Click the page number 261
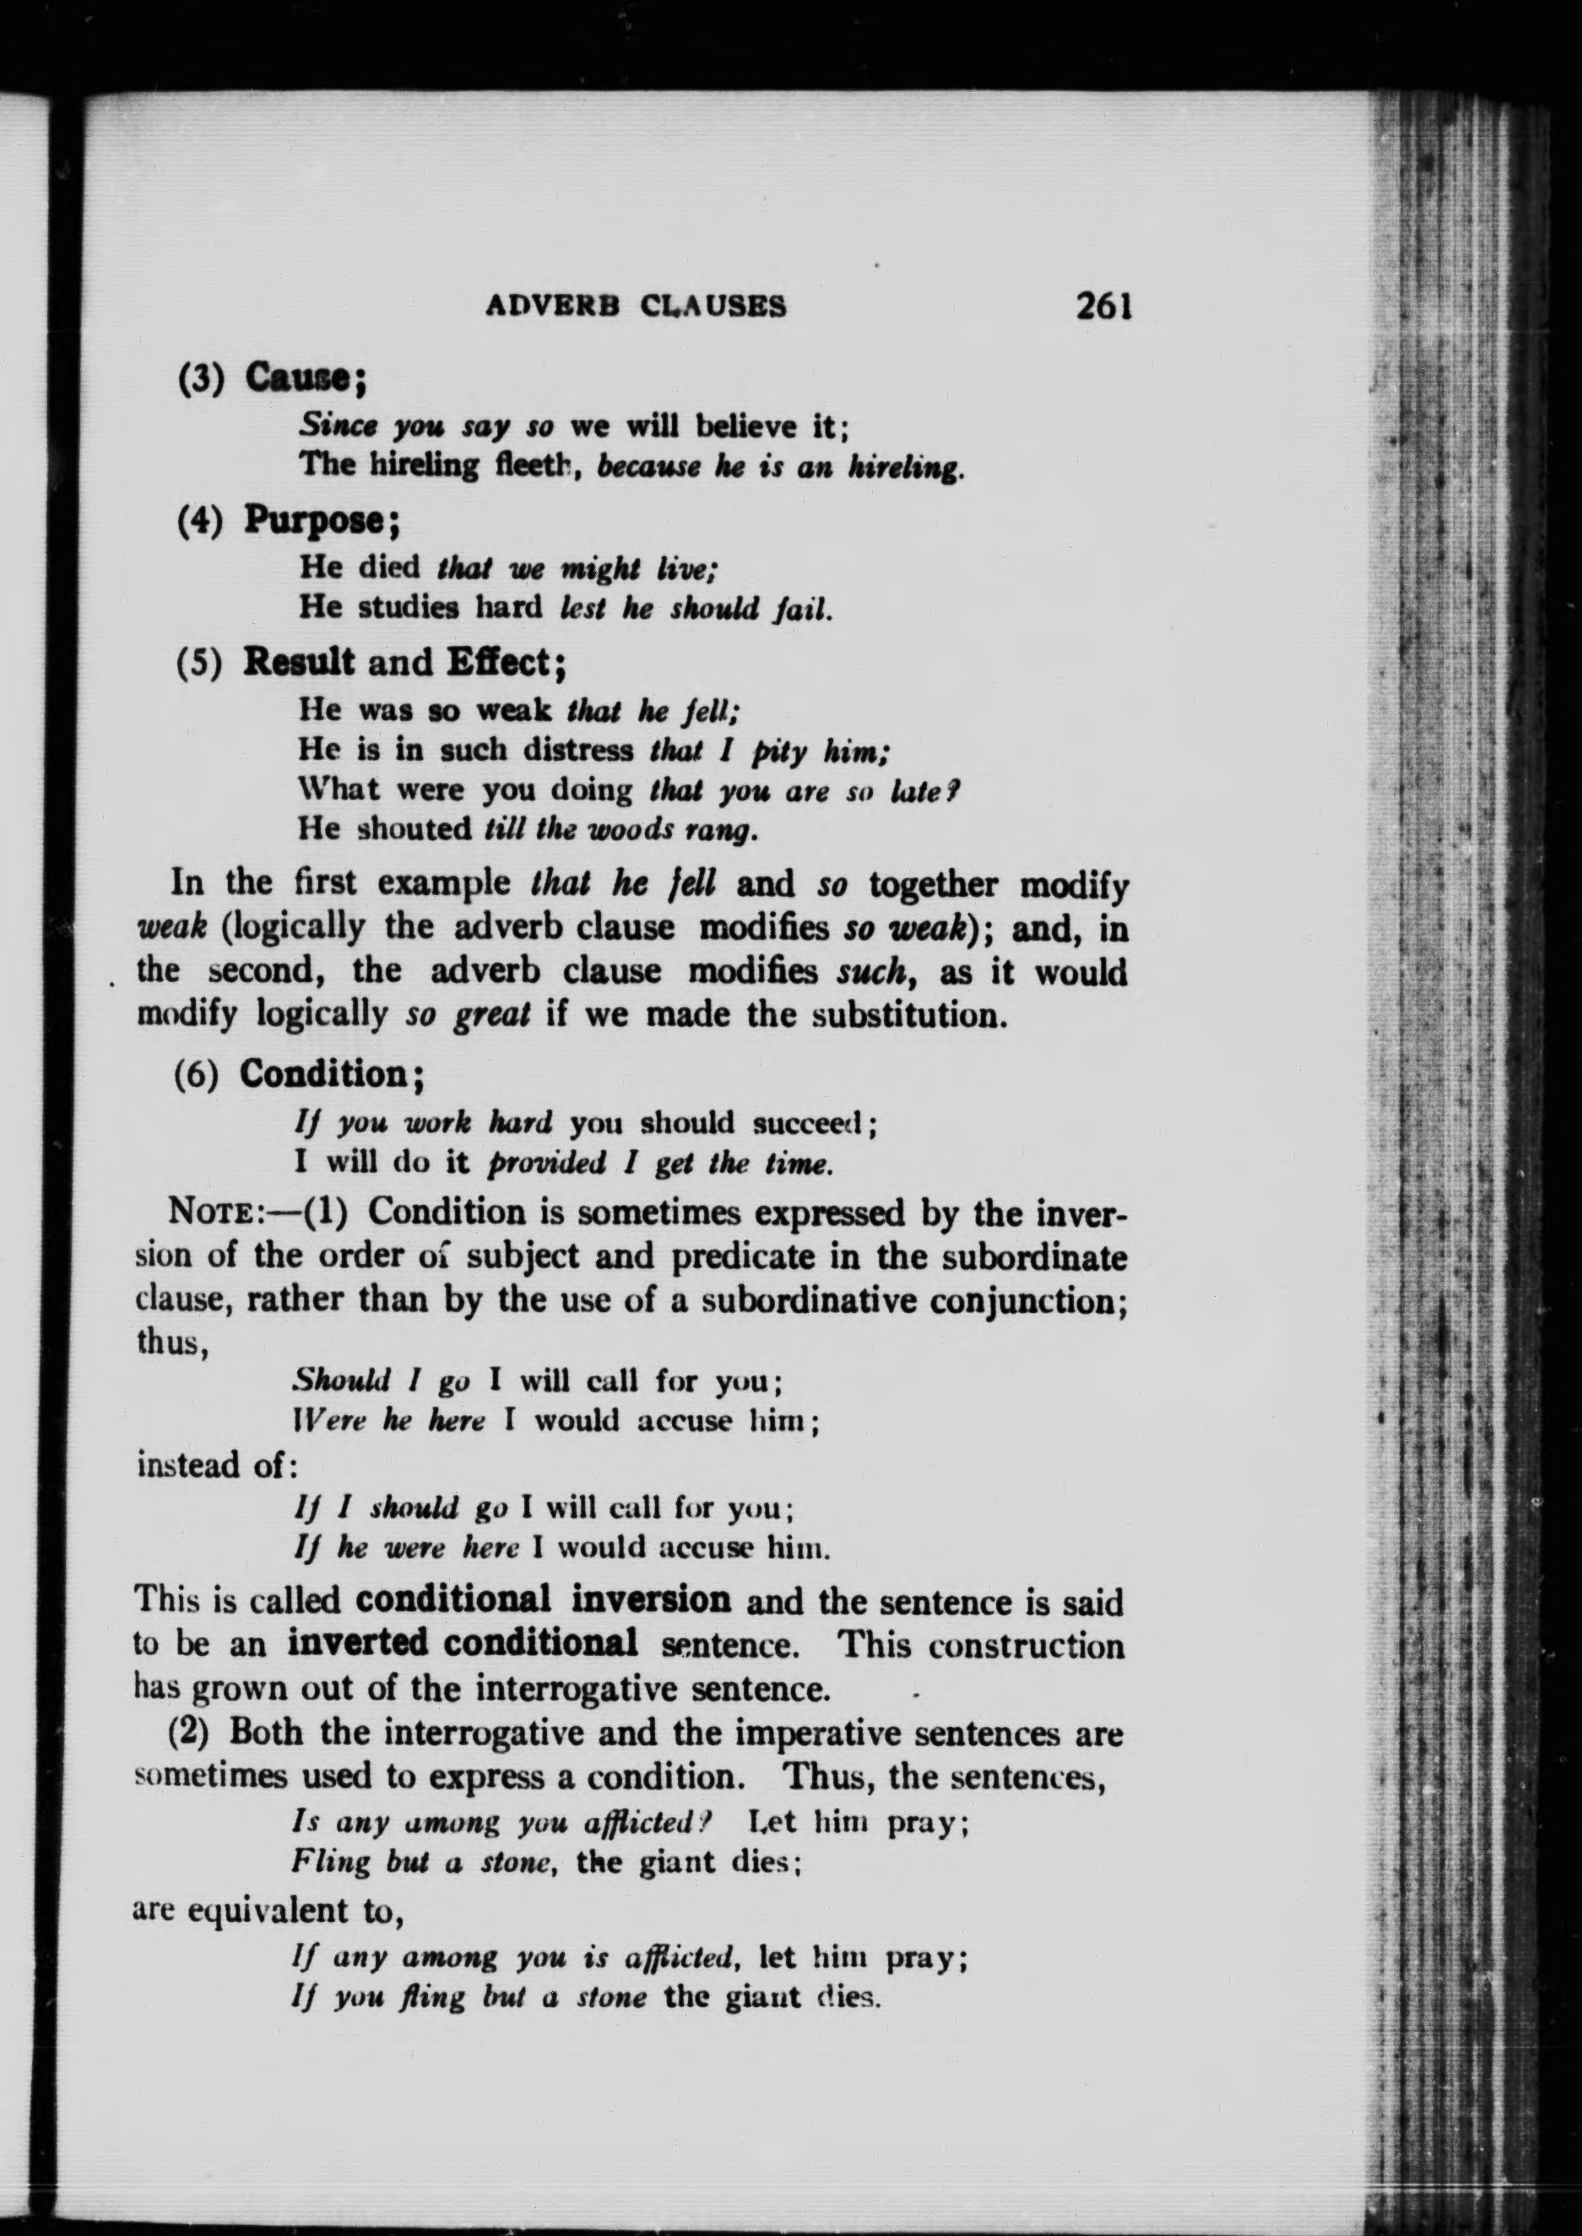[x=1102, y=306]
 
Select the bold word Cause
[x=297, y=376]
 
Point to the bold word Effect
[x=499, y=663]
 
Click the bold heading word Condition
[x=322, y=1075]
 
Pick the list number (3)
[x=201, y=378]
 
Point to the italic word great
[x=493, y=1015]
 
